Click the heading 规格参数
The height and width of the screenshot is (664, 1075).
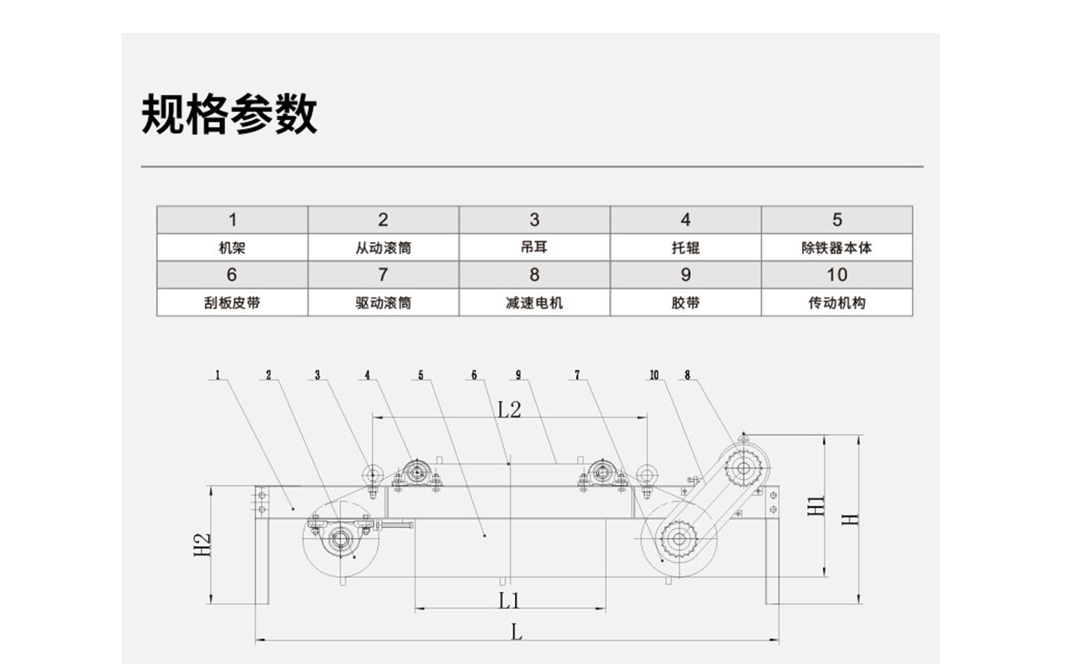click(x=229, y=114)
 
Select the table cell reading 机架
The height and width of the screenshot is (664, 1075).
click(x=233, y=248)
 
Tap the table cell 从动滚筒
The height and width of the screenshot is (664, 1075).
click(x=383, y=248)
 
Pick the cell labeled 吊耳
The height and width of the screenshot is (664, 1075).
click(x=534, y=248)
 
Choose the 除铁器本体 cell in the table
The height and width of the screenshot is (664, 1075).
click(x=837, y=248)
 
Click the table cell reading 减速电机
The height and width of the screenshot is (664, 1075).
click(x=534, y=303)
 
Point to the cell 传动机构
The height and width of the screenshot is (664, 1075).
click(x=837, y=303)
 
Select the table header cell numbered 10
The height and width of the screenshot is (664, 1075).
click(x=837, y=274)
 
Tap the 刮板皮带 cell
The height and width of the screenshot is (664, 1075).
click(x=233, y=303)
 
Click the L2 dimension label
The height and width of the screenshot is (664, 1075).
click(x=509, y=410)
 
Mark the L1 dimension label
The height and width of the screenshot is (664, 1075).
click(x=509, y=601)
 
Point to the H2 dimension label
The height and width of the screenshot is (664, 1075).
click(x=202, y=545)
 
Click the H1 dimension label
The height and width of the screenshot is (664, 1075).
click(x=816, y=506)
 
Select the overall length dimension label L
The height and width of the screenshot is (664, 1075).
click(x=517, y=633)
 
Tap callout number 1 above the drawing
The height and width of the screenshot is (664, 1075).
click(x=217, y=375)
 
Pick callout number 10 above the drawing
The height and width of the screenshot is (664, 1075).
click(x=654, y=375)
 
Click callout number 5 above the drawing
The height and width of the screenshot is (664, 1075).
click(x=421, y=375)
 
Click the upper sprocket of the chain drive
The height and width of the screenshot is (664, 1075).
click(x=744, y=468)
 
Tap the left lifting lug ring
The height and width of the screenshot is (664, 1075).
click(x=372, y=475)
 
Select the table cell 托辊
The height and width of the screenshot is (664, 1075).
click(x=685, y=248)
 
